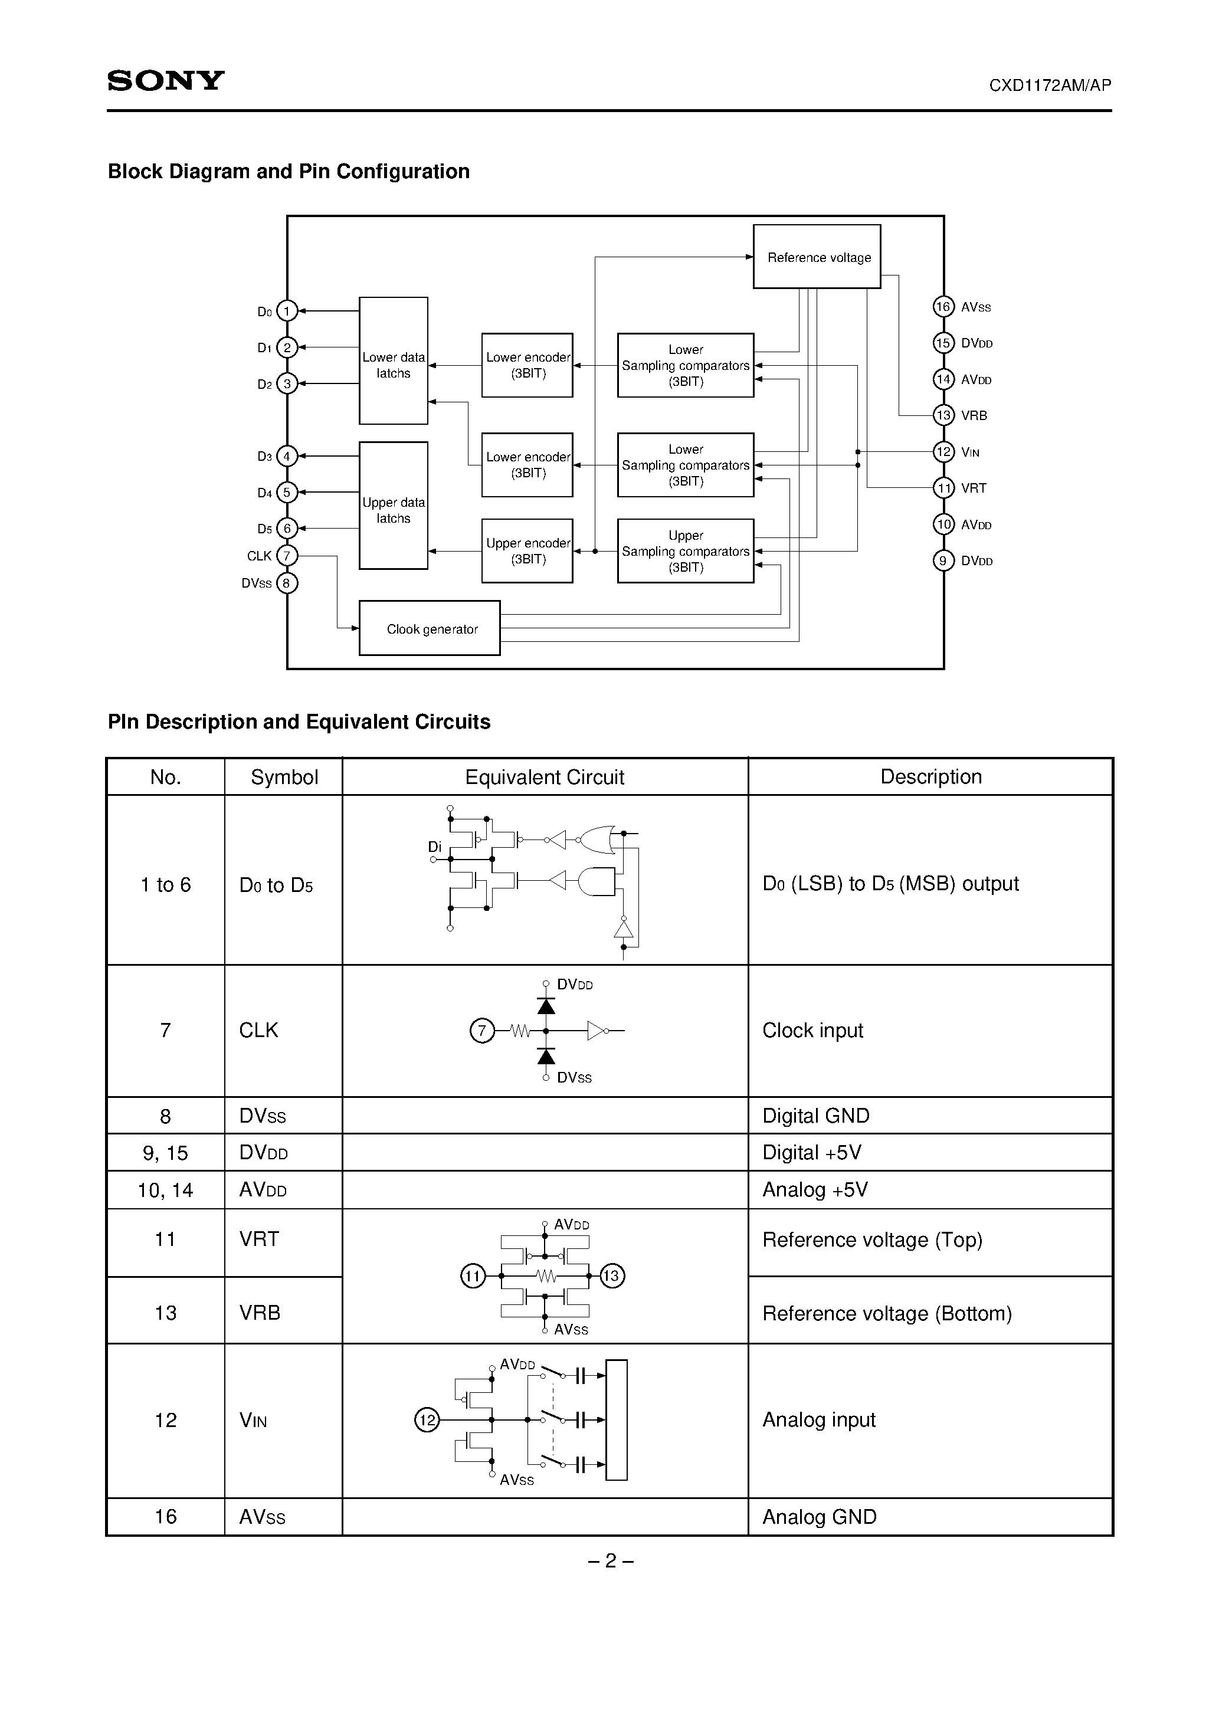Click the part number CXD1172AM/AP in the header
(x=1050, y=86)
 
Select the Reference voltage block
(x=817, y=257)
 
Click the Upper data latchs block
(x=393, y=506)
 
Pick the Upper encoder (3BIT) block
(x=527, y=550)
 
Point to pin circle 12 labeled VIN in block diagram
(x=943, y=451)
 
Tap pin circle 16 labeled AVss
(x=943, y=307)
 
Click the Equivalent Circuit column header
(x=544, y=777)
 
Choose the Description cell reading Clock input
(x=812, y=1030)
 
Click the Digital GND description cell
(x=815, y=1116)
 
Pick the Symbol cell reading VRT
(x=259, y=1239)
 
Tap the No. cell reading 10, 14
(x=165, y=1190)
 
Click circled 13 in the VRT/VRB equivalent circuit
(x=612, y=1275)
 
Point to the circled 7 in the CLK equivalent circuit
(x=481, y=1030)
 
